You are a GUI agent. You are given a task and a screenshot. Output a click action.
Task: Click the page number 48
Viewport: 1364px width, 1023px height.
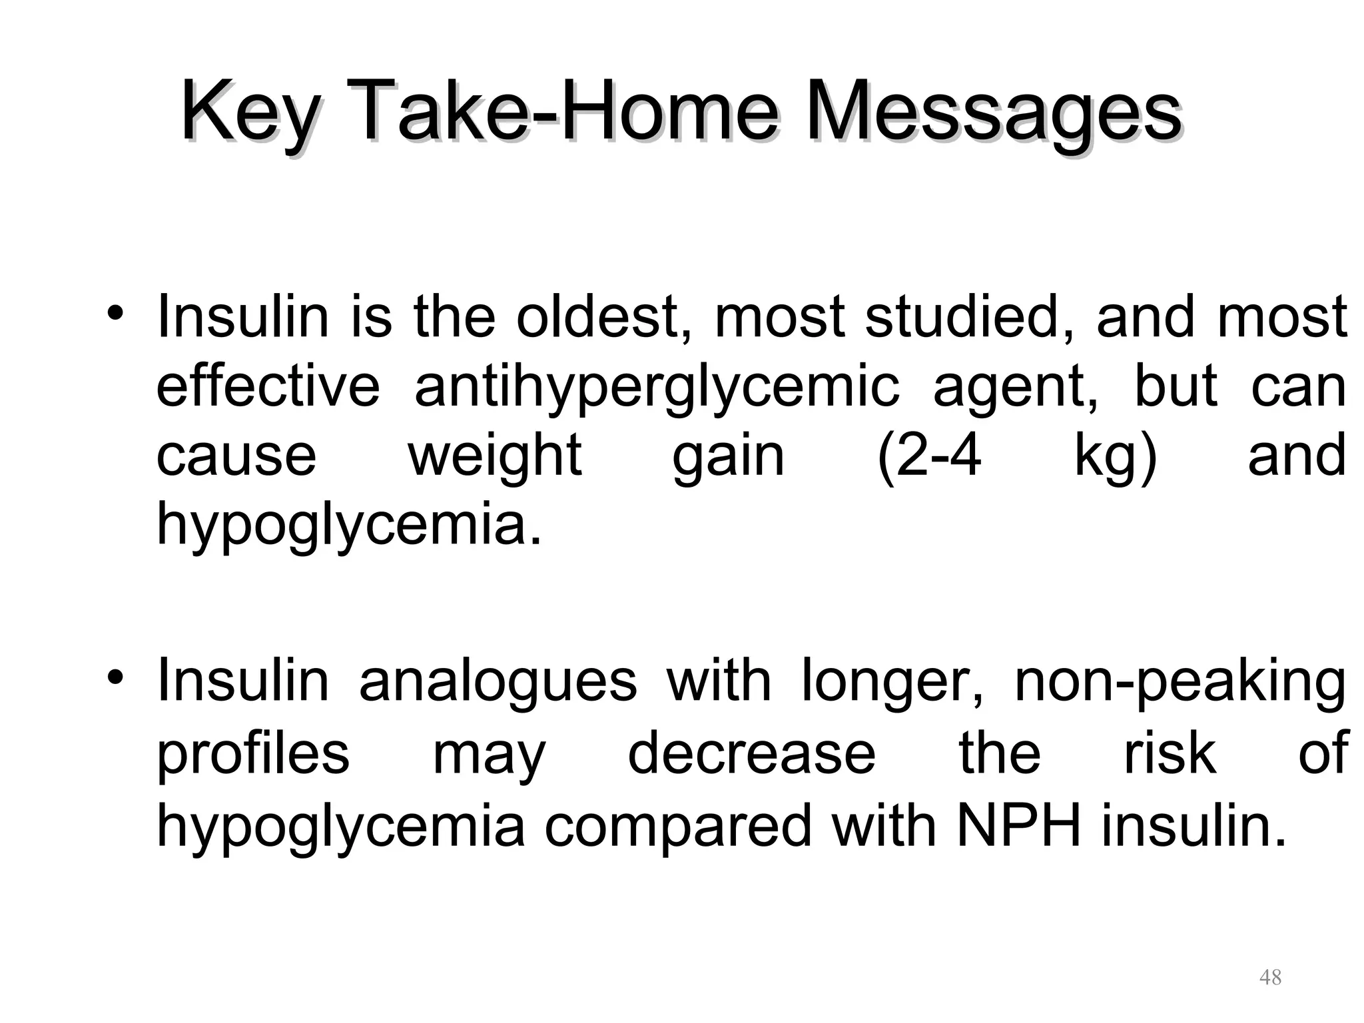click(1270, 977)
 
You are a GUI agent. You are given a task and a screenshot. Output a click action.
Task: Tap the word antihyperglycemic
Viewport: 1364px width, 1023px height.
click(657, 388)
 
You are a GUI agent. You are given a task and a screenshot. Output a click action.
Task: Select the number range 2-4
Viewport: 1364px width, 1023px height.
click(930, 456)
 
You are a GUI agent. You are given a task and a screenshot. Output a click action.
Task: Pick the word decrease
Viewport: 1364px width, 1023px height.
click(752, 753)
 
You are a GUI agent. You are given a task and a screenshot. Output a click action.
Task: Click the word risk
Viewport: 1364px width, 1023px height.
click(1170, 753)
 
